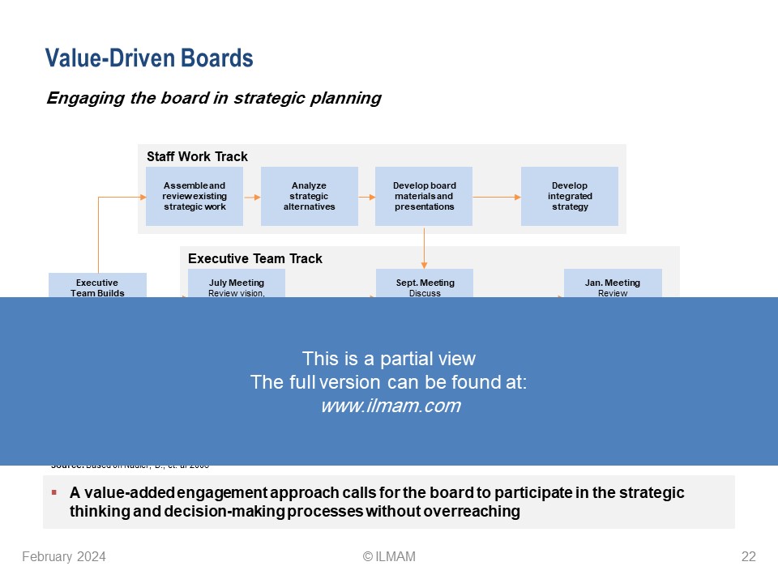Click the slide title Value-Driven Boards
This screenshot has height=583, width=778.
coord(149,58)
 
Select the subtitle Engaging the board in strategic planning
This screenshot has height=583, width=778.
coord(213,98)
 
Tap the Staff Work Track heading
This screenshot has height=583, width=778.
coord(197,156)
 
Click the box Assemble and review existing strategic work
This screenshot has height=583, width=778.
coord(194,196)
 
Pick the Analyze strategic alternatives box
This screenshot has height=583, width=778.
coord(309,196)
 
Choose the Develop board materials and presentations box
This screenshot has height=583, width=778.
coord(424,196)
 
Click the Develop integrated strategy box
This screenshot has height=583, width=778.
coord(569,196)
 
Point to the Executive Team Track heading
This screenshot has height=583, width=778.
coord(254,258)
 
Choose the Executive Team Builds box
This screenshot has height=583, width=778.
coord(97,286)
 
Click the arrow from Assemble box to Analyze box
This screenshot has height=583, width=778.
coord(252,197)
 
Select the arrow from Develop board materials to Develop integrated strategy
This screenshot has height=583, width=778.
coord(496,197)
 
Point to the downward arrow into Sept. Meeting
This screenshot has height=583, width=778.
coord(424,247)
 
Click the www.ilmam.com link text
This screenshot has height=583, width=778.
coord(390,406)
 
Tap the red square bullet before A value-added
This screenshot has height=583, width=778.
coord(53,492)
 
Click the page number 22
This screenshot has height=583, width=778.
coord(748,556)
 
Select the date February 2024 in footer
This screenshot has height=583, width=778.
coord(64,556)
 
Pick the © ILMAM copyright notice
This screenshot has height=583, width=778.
coord(389,556)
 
